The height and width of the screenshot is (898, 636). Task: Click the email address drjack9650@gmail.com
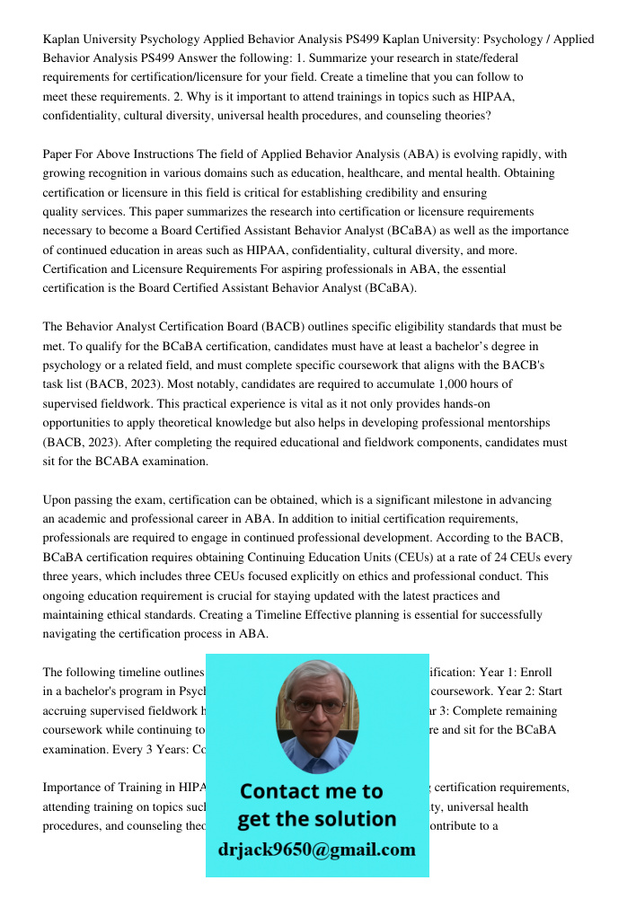coord(316,850)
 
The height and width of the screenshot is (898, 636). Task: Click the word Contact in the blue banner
coord(284,791)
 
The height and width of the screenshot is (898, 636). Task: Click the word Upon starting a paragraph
coord(58,499)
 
